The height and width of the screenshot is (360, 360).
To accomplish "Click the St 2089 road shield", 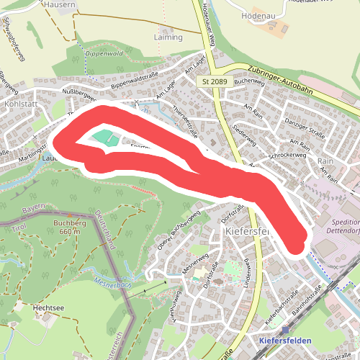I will tap(215, 82).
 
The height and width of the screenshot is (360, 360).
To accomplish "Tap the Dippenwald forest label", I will tap(104, 53).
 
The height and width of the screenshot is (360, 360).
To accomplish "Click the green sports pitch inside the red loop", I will tap(102, 137).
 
